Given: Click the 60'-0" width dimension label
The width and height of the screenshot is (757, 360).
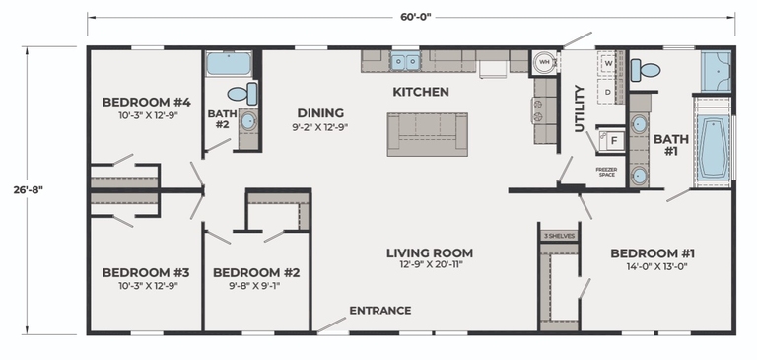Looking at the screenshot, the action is (415, 17).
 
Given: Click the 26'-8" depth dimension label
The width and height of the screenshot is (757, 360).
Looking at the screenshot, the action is (28, 189).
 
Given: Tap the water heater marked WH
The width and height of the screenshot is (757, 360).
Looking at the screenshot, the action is (544, 62).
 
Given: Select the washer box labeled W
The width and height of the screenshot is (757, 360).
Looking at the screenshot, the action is (608, 63).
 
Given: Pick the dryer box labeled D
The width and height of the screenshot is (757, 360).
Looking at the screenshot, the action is (608, 91).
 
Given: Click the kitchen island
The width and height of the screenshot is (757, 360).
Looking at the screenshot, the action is (427, 134).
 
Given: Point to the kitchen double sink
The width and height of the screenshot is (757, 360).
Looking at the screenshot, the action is (405, 62).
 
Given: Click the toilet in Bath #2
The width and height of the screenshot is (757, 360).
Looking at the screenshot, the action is (242, 94).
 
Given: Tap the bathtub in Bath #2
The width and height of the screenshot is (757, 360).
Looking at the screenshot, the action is (230, 64).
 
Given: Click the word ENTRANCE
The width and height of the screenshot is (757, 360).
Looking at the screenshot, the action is (380, 311).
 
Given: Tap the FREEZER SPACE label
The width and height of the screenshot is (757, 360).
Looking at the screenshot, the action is (607, 172).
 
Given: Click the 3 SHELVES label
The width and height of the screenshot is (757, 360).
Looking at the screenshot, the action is (559, 236).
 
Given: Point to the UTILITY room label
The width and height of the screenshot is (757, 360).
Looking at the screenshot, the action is (580, 108).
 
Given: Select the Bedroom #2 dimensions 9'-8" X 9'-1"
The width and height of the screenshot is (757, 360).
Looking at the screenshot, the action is (256, 286).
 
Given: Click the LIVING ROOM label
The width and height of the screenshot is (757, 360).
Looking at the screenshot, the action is (430, 252).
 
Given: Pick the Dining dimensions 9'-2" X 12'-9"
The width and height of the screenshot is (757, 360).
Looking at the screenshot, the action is (320, 127).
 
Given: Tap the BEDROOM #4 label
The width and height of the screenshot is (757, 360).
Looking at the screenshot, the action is (147, 102).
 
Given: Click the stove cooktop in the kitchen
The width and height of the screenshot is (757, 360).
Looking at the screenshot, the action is (538, 110).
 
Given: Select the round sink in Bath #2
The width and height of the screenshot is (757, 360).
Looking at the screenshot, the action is (248, 121).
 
